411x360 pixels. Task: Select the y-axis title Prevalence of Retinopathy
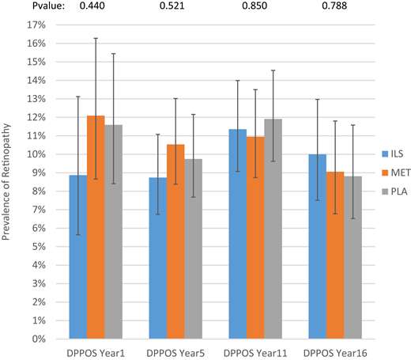tap(9, 181)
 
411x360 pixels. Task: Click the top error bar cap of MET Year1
tap(96, 38)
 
